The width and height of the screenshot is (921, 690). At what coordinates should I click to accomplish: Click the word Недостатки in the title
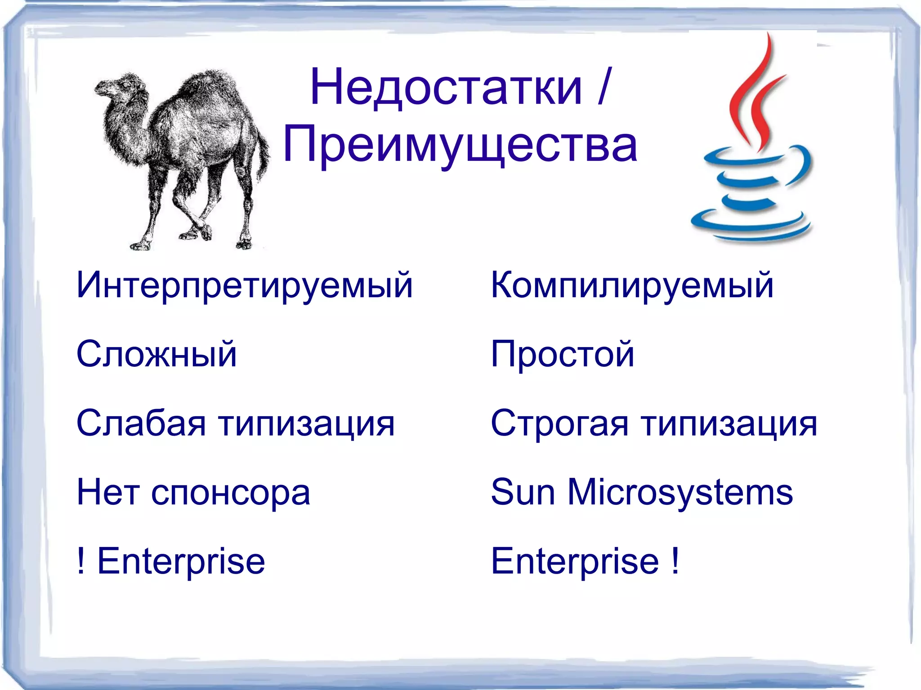coord(445,88)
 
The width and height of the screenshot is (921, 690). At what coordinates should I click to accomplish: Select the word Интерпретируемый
coord(244,285)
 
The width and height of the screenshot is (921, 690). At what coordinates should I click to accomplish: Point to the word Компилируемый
coord(632,285)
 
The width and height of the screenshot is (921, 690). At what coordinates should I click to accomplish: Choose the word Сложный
coord(156,354)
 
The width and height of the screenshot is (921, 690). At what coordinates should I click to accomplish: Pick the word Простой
coord(562,354)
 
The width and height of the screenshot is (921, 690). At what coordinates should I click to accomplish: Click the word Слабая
coord(141,423)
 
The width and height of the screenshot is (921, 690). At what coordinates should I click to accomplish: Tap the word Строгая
coord(559,423)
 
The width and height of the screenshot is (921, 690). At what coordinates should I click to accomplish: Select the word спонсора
coord(230,493)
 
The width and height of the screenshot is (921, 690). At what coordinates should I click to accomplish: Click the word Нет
coord(108,493)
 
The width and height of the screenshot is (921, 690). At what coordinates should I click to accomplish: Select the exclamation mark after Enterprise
coord(675,561)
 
